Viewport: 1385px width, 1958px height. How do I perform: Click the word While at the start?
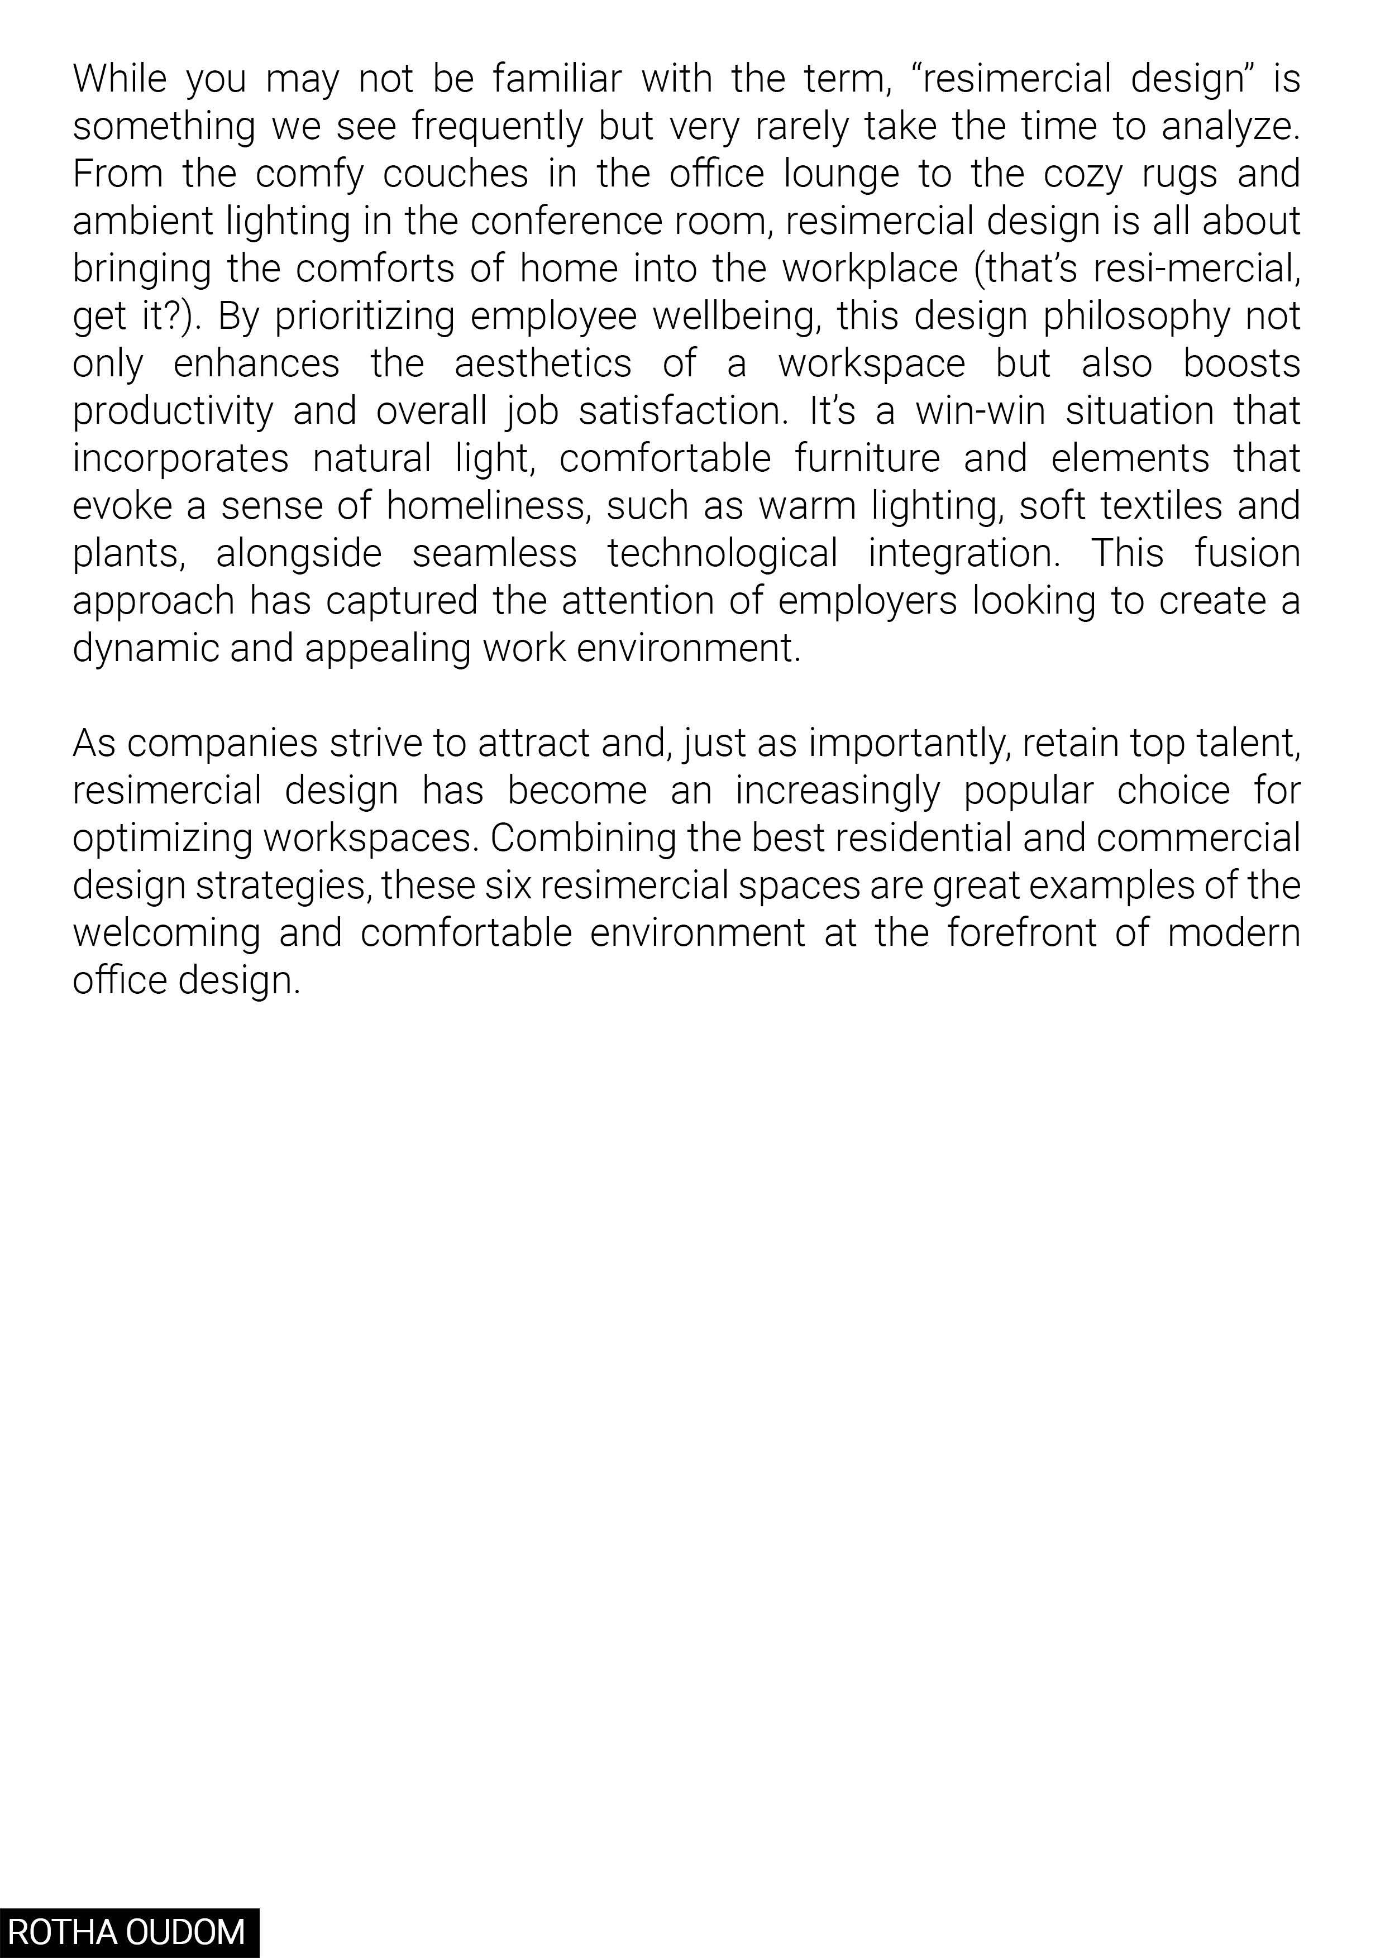point(120,79)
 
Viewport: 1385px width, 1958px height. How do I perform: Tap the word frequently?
point(497,127)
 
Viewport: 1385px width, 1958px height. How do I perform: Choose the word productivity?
point(172,412)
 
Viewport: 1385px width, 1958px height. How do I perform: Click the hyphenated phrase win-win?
point(980,412)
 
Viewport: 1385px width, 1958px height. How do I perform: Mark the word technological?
point(722,554)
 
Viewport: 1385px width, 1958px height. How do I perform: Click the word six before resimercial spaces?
point(508,886)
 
